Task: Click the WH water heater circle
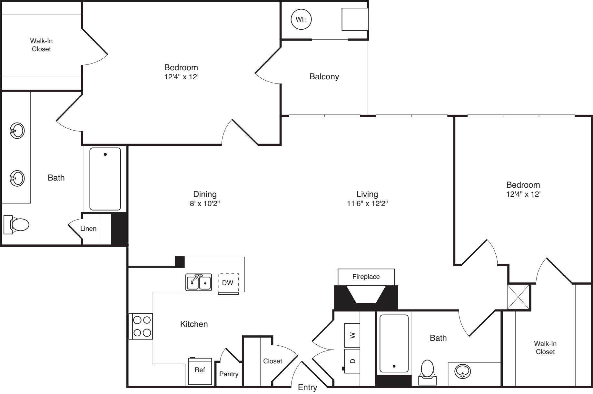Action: (x=301, y=19)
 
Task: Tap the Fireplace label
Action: (x=366, y=277)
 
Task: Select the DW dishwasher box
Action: (x=228, y=283)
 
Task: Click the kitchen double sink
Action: (x=199, y=282)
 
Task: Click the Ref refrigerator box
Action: (x=200, y=370)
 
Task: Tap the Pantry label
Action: (x=229, y=374)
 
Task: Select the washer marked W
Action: (x=352, y=335)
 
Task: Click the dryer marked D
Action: (x=352, y=361)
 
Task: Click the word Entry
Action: (x=307, y=387)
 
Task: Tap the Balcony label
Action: (x=324, y=76)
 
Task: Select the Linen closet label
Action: (x=88, y=229)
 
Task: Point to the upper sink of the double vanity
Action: (x=17, y=131)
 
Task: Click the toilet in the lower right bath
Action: (x=427, y=370)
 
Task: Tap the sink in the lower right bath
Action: (x=462, y=371)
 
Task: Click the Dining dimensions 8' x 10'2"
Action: (x=205, y=203)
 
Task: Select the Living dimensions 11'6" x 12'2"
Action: (x=367, y=203)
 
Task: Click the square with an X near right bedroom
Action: (x=519, y=297)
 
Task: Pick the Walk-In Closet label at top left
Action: (x=41, y=45)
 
